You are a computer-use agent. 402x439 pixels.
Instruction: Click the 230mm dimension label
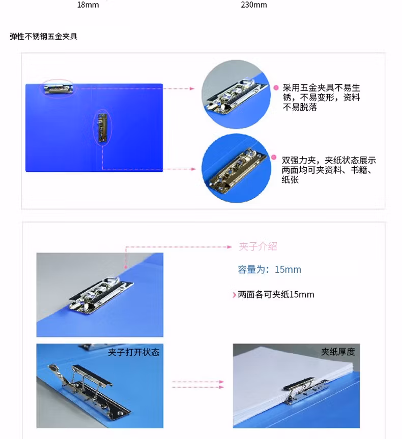(253, 5)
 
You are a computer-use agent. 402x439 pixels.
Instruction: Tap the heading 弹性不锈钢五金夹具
(44, 37)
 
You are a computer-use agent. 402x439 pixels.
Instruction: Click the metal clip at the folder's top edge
(58, 89)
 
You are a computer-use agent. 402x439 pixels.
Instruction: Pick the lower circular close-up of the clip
(234, 167)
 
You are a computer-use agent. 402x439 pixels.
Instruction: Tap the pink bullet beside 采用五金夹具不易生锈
(276, 88)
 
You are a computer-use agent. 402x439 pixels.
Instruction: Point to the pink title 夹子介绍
(258, 246)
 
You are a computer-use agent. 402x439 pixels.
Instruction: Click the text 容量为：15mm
(269, 269)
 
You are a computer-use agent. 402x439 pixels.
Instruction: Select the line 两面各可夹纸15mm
(276, 294)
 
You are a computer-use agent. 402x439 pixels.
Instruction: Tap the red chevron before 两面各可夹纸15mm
(234, 295)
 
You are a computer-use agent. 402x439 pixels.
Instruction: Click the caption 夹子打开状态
(133, 352)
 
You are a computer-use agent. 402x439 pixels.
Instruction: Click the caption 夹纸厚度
(337, 352)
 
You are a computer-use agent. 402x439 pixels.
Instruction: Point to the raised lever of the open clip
(59, 375)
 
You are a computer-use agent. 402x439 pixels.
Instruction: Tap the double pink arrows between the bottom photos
(198, 384)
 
